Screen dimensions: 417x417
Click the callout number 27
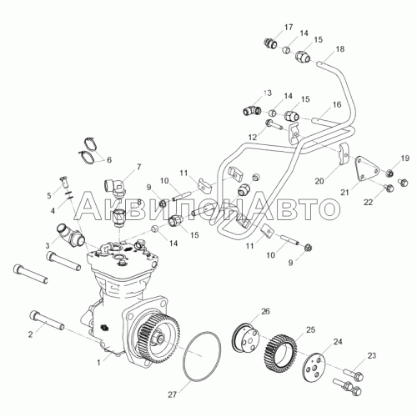coord(173,394)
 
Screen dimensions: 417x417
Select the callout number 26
coord(265,311)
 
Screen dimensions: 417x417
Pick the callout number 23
coord(372,355)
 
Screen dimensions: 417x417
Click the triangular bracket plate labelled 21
coord(367,170)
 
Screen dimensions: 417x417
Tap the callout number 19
coord(405,158)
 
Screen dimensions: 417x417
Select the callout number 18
coord(340,49)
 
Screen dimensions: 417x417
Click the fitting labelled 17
coord(269,43)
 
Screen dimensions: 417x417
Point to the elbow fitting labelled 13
coord(252,110)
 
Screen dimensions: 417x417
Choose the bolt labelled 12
coord(274,125)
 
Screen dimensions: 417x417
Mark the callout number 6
coord(109,160)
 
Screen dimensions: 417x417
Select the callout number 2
coord(31,334)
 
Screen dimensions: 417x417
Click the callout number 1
coord(98,363)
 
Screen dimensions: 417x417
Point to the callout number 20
coord(319,181)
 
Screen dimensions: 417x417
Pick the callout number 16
coord(337,104)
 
